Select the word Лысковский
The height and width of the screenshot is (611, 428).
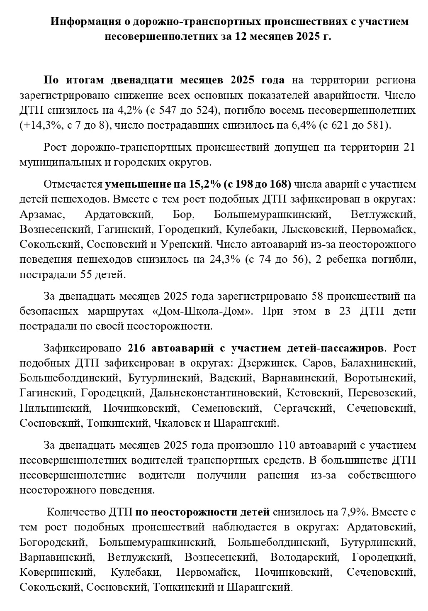[314, 229]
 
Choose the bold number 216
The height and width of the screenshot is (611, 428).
[137, 347]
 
